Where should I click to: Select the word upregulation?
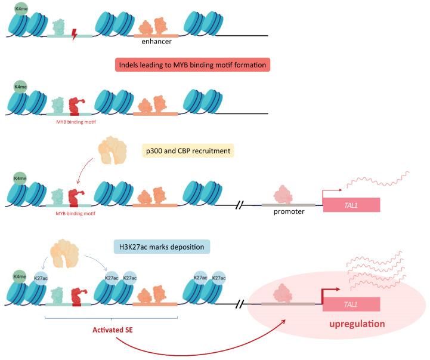[355, 324]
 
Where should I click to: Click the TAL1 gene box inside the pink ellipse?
[351, 304]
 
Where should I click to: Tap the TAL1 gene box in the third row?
[351, 205]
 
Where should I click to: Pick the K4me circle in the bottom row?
[20, 278]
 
